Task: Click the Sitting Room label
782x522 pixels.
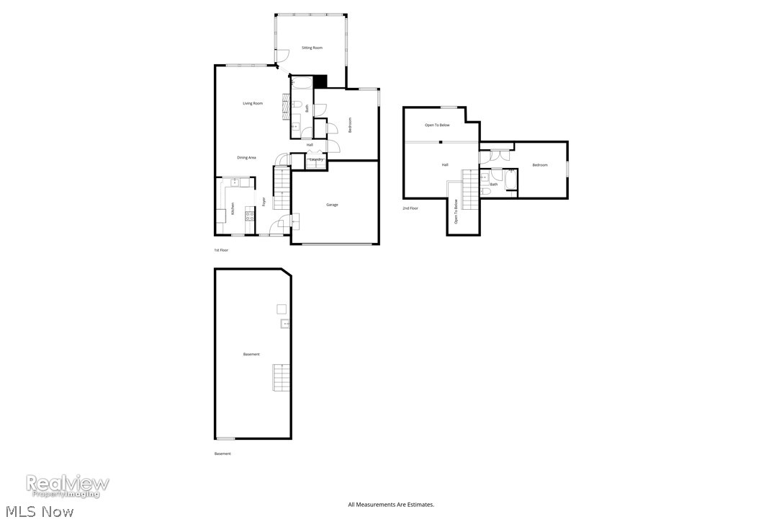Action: [x=312, y=48]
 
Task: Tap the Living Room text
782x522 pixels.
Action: [x=252, y=104]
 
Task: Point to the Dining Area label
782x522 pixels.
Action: [x=247, y=157]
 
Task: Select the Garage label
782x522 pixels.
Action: [x=332, y=205]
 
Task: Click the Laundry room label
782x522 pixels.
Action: [x=315, y=159]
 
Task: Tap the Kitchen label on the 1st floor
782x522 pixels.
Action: [x=233, y=209]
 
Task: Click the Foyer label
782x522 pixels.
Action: [x=264, y=202]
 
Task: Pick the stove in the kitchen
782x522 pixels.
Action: [x=249, y=214]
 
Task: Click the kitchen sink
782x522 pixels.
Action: [x=235, y=182]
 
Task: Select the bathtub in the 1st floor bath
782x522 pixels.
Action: [x=302, y=83]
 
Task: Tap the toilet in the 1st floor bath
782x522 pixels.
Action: [x=297, y=105]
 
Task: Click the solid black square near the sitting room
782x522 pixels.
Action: [x=320, y=81]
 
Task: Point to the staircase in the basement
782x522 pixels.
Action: [x=281, y=378]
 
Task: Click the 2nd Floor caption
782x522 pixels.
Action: [x=410, y=208]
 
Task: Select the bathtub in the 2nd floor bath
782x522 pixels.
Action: [x=511, y=180]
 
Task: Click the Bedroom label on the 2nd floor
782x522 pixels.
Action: [x=540, y=165]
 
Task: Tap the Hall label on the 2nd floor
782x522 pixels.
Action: [x=445, y=165]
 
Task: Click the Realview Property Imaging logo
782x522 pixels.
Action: [x=68, y=485]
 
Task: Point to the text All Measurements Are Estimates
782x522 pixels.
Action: [x=391, y=505]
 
